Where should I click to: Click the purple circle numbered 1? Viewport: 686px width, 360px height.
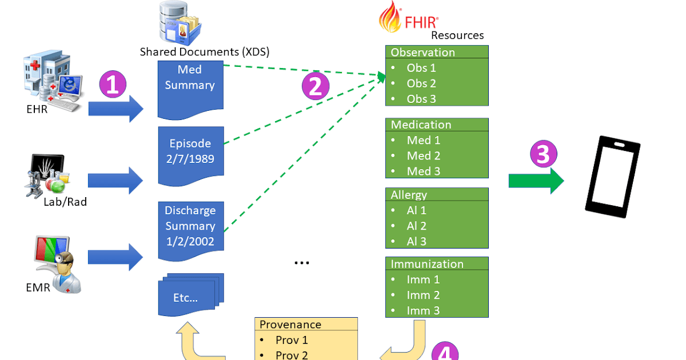113,85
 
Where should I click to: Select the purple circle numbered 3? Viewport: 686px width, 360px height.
544,154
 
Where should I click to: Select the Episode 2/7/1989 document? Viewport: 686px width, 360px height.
190,151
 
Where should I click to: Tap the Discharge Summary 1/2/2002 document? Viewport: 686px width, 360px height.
190,226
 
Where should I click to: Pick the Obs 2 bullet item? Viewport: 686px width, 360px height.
421,83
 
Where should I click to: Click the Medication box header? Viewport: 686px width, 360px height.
421,125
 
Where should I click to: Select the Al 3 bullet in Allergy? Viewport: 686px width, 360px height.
417,241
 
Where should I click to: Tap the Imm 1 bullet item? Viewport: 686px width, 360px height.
423,279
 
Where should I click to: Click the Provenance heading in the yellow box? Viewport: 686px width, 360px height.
290,325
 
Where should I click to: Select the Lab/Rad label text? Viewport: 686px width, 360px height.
65,201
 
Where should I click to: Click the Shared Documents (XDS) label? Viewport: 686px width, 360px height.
205,52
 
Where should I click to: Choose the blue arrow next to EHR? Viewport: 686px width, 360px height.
116,107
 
